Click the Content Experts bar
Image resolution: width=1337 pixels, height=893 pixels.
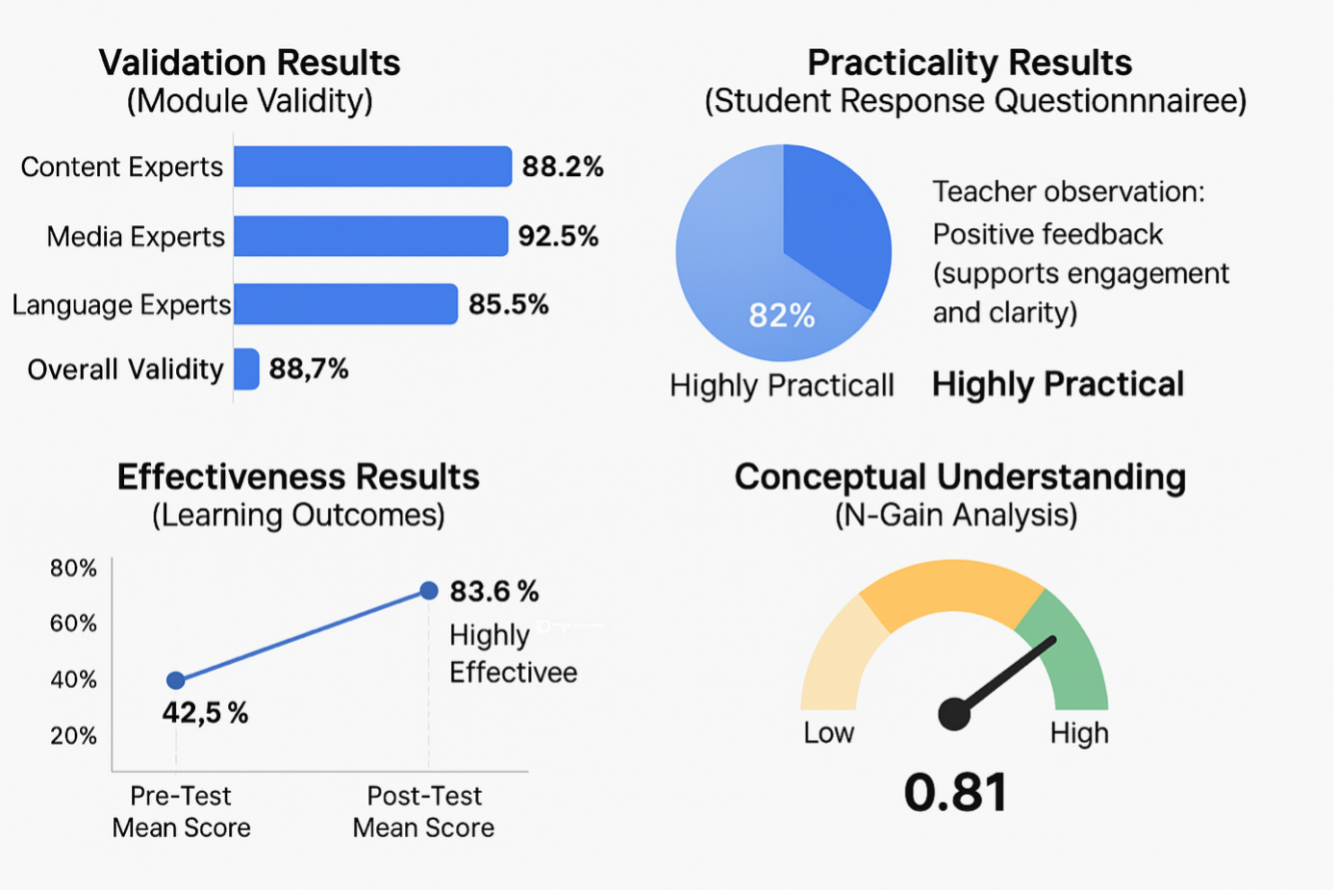372,166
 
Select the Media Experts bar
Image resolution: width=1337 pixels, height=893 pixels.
370,236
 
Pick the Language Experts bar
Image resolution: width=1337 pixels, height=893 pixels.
345,304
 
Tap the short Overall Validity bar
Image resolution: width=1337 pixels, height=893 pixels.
246,369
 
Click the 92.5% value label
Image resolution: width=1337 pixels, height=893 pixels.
558,236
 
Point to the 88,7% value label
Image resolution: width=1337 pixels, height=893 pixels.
309,369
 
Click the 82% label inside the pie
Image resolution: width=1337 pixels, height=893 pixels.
782,315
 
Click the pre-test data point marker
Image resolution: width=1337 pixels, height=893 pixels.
175,680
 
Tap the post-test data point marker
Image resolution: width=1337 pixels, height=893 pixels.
429,590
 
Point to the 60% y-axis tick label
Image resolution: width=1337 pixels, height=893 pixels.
74,624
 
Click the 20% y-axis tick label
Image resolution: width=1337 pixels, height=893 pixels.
74,736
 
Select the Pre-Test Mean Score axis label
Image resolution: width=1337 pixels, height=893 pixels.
181,811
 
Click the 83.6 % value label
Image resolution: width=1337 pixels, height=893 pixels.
494,591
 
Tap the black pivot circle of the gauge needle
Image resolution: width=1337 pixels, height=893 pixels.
954,714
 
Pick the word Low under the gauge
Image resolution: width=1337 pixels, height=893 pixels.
828,733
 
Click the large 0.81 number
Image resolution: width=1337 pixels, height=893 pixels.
955,792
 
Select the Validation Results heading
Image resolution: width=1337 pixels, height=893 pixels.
249,63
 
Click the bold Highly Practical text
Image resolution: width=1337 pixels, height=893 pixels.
1058,384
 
